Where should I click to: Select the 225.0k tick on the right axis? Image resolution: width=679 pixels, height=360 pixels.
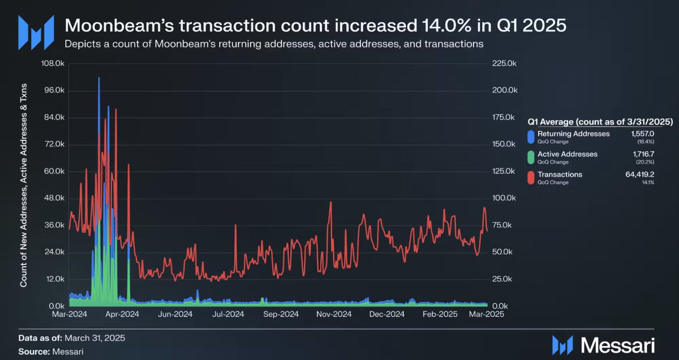504,63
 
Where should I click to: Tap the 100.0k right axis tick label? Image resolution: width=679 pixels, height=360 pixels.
504,198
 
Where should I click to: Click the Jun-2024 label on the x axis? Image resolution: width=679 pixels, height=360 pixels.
175,313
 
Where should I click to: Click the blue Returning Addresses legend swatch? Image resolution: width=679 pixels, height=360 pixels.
531,136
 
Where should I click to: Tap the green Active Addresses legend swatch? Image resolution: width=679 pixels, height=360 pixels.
531,157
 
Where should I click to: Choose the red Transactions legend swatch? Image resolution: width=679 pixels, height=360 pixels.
531,178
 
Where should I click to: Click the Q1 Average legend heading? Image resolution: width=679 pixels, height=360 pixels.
599,121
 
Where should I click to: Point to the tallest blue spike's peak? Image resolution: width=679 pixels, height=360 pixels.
99,78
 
